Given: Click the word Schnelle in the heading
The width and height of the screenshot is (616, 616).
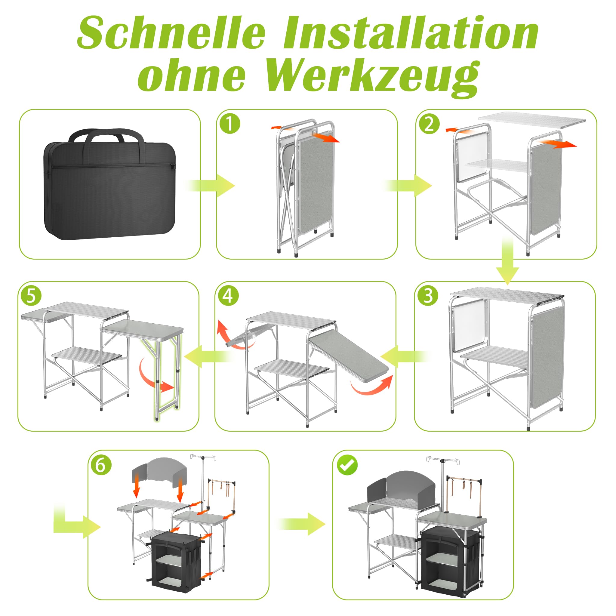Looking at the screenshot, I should [171, 33].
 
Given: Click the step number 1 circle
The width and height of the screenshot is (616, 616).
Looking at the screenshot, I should [230, 124].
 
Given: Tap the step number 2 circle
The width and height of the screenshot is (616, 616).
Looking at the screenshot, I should [429, 124].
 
